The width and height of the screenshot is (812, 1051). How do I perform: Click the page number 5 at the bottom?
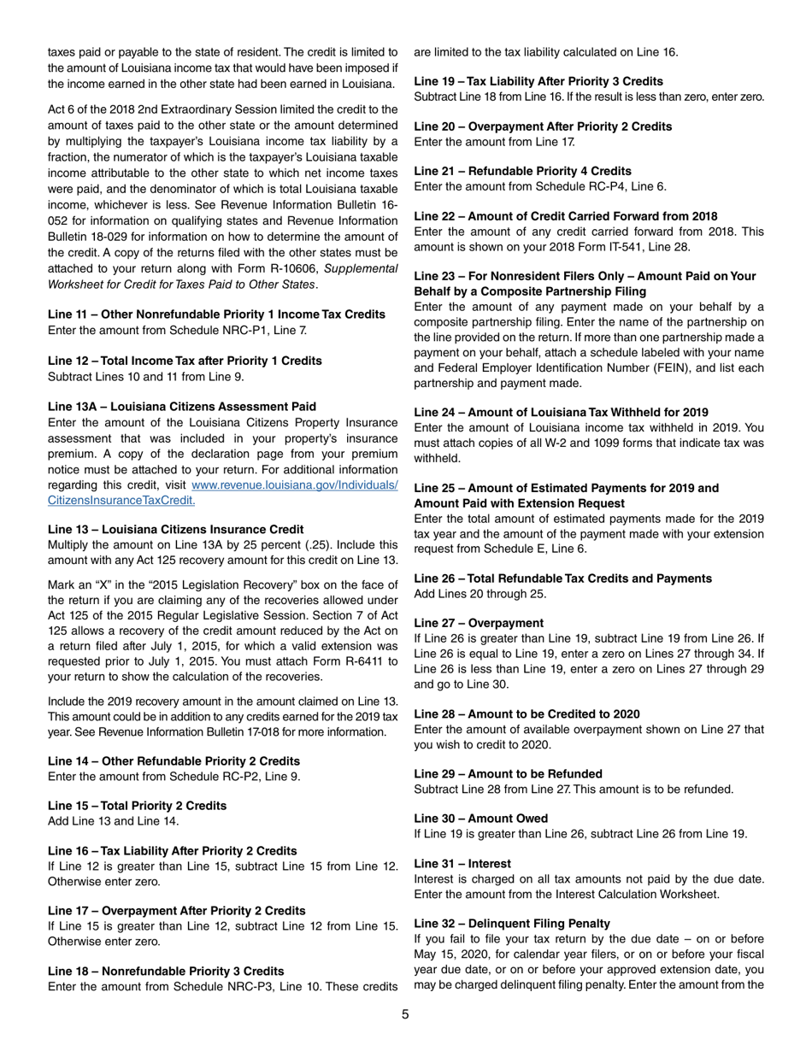[x=406, y=1014]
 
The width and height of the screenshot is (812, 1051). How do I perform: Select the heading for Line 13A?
[x=181, y=406]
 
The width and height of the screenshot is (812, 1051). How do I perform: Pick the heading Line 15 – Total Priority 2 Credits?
[x=137, y=806]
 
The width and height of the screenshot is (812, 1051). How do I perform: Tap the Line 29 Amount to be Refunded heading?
[x=508, y=773]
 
